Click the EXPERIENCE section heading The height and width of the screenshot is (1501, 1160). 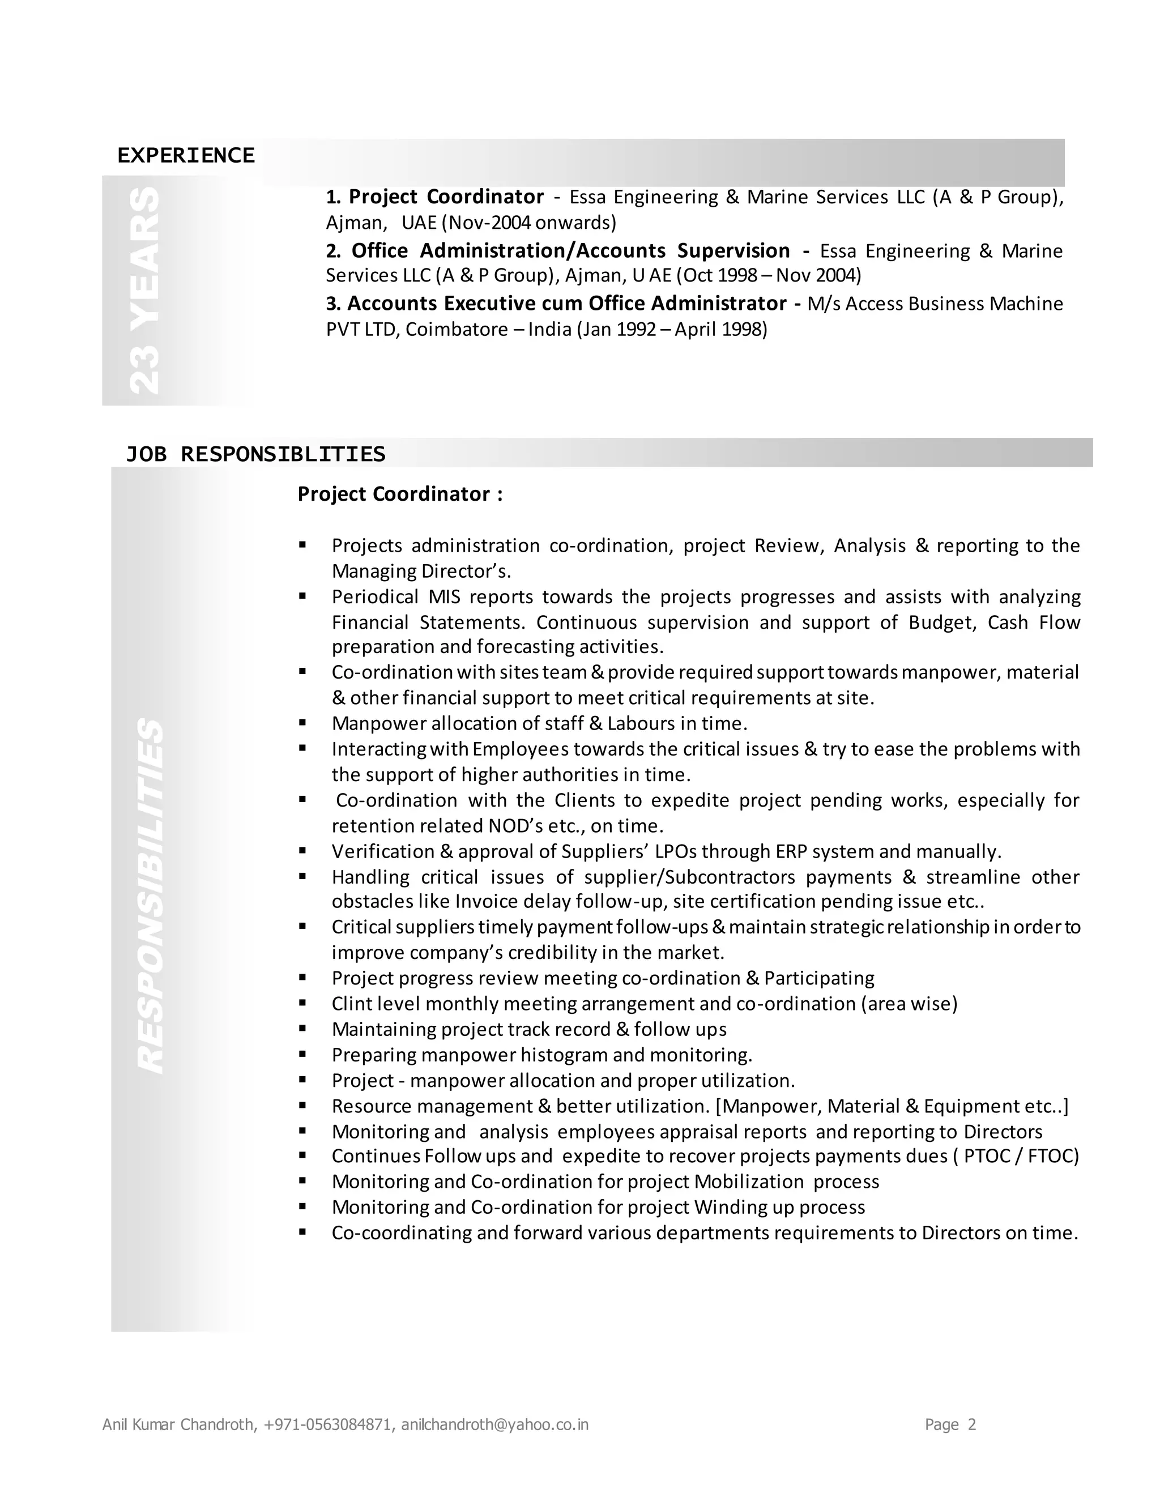[186, 155]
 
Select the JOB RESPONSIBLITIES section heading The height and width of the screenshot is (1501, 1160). [255, 454]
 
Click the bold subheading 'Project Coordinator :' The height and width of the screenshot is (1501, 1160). [400, 494]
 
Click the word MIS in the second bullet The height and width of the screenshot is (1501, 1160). [445, 596]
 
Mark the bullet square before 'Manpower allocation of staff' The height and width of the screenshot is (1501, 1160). [302, 723]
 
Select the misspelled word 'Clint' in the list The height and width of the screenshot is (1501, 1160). [351, 1004]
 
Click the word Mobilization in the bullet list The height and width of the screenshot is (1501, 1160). [749, 1182]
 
